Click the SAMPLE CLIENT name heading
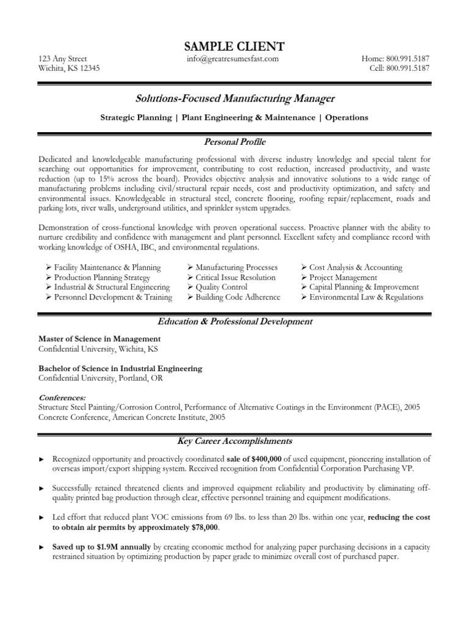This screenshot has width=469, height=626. coord(234,46)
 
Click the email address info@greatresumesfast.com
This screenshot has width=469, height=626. coord(234,59)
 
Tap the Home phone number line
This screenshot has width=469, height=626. coord(395,59)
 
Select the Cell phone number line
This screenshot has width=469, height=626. coord(399,68)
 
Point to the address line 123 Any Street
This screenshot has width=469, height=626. coord(62,59)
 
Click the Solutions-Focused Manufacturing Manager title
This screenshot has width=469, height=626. coord(234,98)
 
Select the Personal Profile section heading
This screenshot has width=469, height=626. coord(234,142)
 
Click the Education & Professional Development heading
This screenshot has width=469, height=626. coord(234,322)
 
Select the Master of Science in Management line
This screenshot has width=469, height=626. coord(100,339)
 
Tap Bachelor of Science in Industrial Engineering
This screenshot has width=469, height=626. coord(120,369)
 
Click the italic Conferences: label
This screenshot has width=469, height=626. coord(62,397)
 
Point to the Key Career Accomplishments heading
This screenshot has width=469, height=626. coord(234,441)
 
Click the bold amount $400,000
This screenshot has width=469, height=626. coord(263,458)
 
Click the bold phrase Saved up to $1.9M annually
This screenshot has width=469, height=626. coord(102,547)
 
